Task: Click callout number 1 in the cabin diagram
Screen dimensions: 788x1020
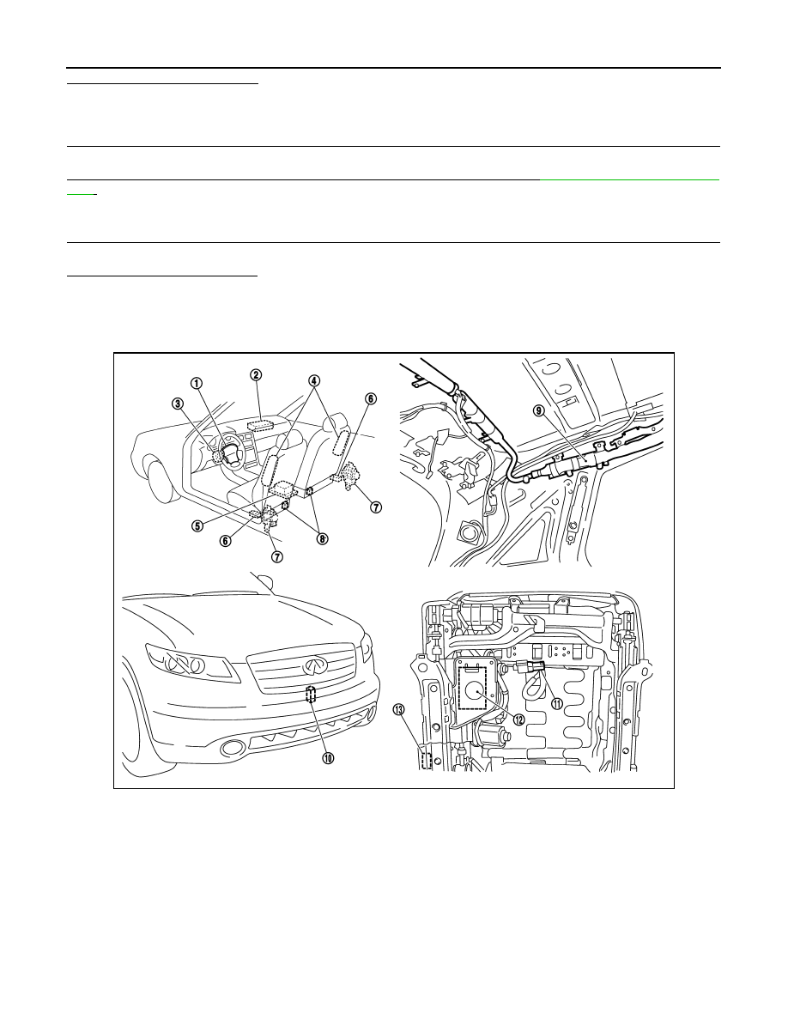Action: pos(196,383)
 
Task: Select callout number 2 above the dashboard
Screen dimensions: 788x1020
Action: pos(256,374)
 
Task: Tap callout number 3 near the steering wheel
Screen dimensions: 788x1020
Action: pos(178,404)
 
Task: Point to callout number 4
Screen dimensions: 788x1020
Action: pos(314,379)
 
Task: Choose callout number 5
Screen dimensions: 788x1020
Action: pos(197,525)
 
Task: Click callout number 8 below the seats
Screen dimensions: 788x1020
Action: pos(321,538)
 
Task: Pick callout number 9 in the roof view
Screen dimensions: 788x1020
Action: pos(538,410)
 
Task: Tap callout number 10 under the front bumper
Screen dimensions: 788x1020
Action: pos(328,758)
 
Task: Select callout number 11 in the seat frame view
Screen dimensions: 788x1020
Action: pos(557,702)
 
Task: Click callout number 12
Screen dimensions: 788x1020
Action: pos(518,720)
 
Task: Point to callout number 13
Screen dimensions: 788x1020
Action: pos(398,710)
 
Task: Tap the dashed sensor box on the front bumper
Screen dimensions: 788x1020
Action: pos(311,694)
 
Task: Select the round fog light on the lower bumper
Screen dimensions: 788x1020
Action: pos(231,748)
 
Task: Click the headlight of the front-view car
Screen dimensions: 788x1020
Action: pos(189,664)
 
